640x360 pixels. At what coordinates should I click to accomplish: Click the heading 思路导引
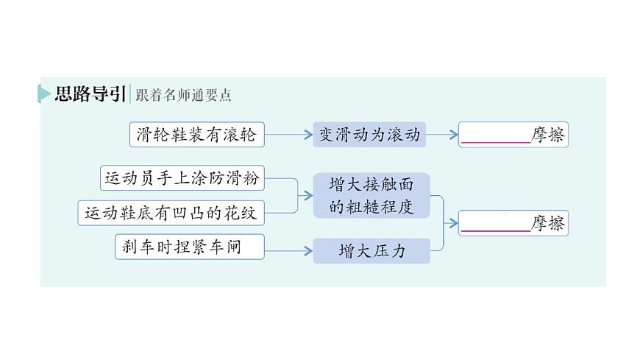pos(90,94)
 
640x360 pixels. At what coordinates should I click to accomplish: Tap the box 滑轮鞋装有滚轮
pos(196,135)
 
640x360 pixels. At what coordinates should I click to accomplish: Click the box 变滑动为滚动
pos(369,135)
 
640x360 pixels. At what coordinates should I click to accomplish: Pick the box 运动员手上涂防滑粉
pos(182,178)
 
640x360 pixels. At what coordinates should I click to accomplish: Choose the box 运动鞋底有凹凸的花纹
pos(171,213)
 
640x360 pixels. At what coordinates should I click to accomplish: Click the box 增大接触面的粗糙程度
pos(371,195)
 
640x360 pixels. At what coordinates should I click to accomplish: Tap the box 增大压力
pos(371,251)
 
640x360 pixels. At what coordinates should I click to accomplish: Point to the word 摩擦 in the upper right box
pos(548,135)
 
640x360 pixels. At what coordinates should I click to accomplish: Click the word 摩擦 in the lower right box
pos(548,223)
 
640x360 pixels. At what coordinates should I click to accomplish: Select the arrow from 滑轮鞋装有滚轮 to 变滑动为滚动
pos(288,135)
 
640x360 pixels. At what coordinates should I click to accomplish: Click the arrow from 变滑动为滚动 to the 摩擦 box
pos(442,135)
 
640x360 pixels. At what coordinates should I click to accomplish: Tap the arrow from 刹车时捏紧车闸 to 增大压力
pos(288,251)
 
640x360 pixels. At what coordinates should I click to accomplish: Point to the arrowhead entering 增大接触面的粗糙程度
pos(308,195)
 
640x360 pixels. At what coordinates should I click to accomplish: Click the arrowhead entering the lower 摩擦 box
pos(454,223)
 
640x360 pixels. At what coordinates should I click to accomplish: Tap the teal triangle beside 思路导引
pos(43,94)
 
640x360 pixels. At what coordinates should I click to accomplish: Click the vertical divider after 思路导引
pos(131,94)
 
